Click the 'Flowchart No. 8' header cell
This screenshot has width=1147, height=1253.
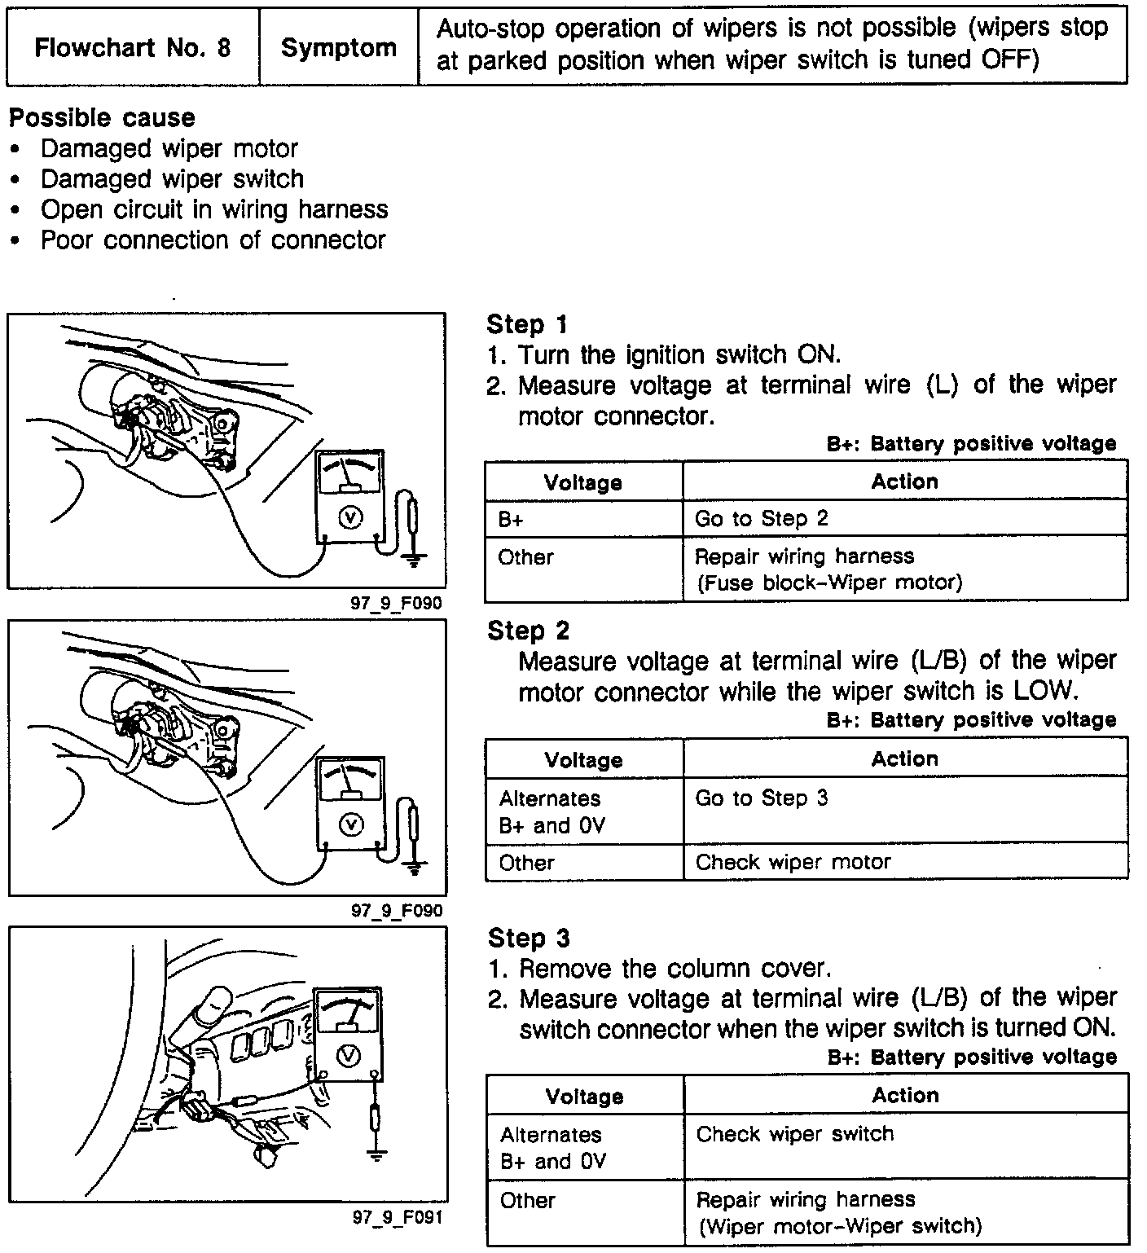[x=133, y=47]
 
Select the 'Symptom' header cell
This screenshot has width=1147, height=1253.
[x=338, y=47]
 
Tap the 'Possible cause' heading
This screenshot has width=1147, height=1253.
[x=102, y=118]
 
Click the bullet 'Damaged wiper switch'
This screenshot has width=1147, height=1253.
[x=172, y=179]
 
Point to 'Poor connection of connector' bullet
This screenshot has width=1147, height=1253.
[x=213, y=240]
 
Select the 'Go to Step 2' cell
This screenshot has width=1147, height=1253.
[x=761, y=519]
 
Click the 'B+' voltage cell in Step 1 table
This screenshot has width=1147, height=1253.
[x=511, y=520]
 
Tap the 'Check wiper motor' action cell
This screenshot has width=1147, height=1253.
[x=793, y=862]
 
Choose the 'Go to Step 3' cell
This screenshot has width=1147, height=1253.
[x=761, y=798]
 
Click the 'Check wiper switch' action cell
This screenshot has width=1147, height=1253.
[x=794, y=1134]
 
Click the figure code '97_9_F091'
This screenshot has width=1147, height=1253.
[x=397, y=1217]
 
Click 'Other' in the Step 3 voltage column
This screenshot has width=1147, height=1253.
[x=527, y=1200]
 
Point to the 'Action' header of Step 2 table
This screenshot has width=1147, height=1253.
[x=904, y=759]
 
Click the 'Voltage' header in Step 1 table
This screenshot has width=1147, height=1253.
[x=583, y=482]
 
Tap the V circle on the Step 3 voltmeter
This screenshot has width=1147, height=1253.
[x=348, y=1055]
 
